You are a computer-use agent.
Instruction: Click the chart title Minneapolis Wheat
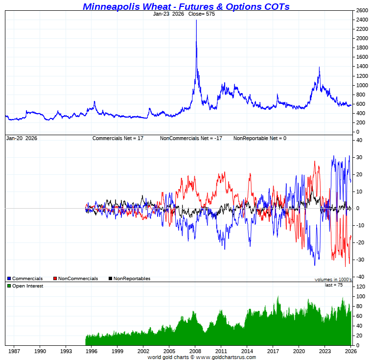coord(186,6)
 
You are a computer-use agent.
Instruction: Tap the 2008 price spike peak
coord(196,21)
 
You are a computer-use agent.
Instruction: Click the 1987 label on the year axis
coord(14,351)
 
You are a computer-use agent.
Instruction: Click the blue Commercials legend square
coord(9,279)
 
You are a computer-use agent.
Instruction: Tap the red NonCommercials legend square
coord(55,279)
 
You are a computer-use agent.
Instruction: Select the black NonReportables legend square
coord(110,279)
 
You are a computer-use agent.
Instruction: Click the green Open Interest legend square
coord(9,286)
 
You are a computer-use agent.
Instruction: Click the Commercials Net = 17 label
coord(117,139)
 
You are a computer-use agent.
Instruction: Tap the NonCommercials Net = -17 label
coord(191,139)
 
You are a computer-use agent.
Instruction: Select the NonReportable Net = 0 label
coord(259,139)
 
